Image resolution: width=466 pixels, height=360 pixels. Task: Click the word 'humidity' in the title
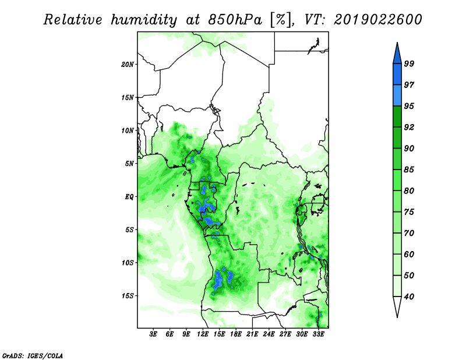144,20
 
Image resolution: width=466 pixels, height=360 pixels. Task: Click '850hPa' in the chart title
235,20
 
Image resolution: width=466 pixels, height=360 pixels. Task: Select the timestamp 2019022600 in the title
377,20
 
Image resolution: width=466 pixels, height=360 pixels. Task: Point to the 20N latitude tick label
128,65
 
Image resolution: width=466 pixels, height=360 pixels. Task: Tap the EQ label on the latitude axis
129,197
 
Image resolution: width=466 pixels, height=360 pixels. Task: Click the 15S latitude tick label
128,296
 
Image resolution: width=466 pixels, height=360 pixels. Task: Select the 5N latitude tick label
129,164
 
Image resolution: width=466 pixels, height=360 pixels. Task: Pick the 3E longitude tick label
153,334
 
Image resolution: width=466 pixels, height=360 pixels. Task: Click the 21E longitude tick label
252,334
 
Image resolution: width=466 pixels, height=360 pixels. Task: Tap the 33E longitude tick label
318,334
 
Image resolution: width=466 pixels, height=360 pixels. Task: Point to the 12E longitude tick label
203,334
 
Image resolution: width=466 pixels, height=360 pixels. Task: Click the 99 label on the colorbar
409,63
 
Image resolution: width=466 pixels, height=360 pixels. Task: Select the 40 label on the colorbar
409,297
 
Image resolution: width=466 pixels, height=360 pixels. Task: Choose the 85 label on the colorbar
409,170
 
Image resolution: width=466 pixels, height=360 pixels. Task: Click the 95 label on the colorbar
409,106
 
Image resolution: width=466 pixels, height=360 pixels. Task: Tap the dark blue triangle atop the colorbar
397,55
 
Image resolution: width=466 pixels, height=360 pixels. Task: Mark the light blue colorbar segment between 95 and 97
397,96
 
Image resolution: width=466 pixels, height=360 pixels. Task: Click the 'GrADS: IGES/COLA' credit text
33,355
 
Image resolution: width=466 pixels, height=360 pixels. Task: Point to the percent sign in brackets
280,20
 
